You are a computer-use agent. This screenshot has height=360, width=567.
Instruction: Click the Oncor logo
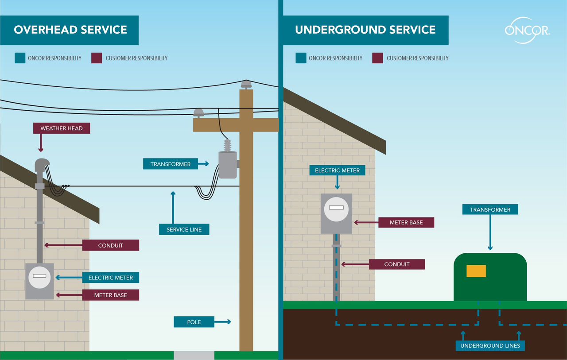click(x=527, y=30)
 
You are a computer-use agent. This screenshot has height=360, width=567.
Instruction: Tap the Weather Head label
click(x=61, y=128)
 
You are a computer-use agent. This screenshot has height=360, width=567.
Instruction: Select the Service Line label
click(x=184, y=229)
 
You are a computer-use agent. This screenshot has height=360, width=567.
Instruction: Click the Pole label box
click(x=194, y=322)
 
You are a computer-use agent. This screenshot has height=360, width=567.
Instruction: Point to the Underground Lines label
click(x=490, y=345)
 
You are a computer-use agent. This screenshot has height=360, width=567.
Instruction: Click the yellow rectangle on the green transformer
click(x=476, y=271)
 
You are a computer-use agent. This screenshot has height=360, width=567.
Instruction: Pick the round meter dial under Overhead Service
click(x=39, y=278)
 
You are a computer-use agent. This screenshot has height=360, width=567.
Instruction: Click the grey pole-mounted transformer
click(x=228, y=165)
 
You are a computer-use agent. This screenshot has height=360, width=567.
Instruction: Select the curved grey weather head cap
click(x=42, y=165)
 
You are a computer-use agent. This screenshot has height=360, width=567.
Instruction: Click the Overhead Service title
click(x=70, y=30)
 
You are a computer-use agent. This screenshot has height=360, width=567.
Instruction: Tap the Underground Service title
click(x=365, y=30)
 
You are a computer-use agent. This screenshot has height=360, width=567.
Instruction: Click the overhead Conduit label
click(x=111, y=245)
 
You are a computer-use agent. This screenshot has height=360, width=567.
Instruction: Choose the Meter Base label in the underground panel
click(x=406, y=222)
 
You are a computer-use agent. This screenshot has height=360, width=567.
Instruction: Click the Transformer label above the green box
click(x=490, y=209)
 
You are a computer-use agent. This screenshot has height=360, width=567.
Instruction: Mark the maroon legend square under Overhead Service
click(x=97, y=58)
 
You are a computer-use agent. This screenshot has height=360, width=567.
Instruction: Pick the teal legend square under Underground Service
click(x=301, y=58)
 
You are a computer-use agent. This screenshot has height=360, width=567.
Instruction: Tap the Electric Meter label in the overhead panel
click(x=111, y=278)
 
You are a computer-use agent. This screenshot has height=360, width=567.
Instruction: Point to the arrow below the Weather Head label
click(x=41, y=144)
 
